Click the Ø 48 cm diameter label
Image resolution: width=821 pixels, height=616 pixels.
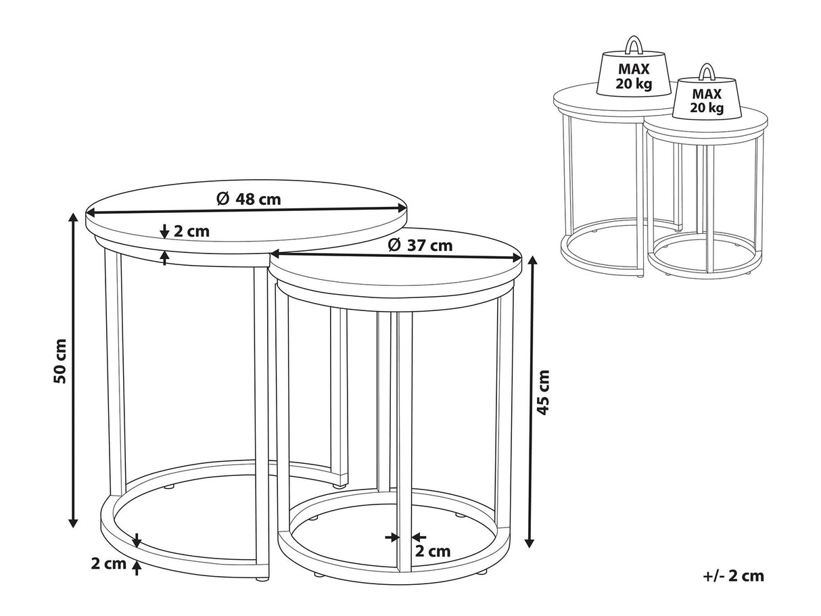[x=248, y=199]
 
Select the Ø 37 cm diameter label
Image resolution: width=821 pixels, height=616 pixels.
[x=420, y=245]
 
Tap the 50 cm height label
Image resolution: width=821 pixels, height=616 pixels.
[x=60, y=361]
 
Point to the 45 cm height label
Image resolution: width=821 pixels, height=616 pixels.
[x=542, y=392]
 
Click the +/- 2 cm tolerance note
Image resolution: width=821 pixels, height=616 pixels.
[x=734, y=576]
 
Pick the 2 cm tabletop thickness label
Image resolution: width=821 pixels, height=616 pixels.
[x=191, y=231]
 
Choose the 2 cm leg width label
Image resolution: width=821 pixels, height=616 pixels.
[x=433, y=551]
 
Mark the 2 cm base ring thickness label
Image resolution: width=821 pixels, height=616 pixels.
[x=109, y=564]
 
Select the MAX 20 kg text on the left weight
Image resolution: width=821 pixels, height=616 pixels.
[x=634, y=76]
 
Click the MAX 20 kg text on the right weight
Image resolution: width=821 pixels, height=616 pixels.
[x=707, y=101]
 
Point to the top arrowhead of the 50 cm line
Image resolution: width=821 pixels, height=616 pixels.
[x=73, y=218]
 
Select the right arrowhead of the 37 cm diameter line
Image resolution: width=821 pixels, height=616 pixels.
[x=516, y=258]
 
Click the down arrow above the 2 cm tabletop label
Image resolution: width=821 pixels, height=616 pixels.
[x=164, y=231]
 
